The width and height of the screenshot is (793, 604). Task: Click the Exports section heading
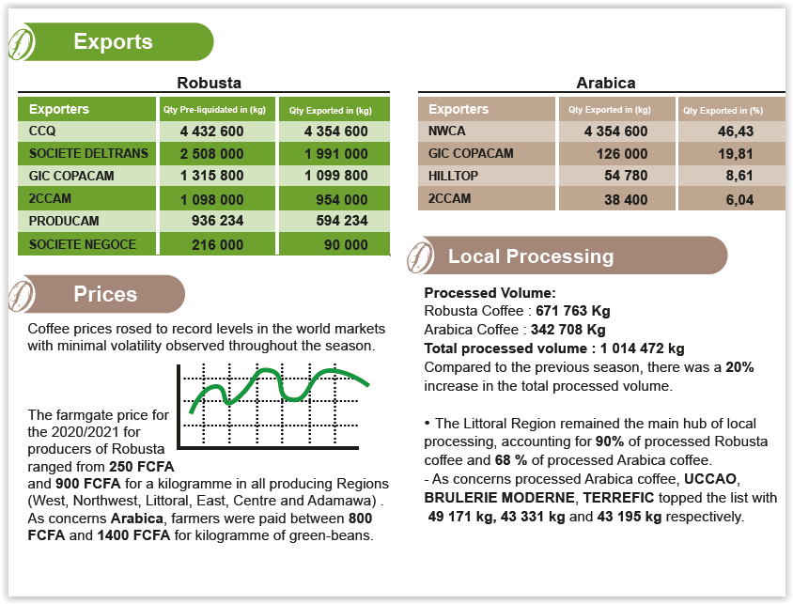pos(113,42)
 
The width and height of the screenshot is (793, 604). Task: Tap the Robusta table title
pos(209,83)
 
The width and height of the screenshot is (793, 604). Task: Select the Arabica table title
pos(605,83)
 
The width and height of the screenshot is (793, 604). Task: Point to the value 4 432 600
pos(211,132)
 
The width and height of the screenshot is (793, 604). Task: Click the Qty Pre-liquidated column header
pos(211,110)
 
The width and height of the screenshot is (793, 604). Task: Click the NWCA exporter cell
pos(447,132)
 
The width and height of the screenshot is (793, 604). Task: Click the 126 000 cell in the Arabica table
pos(622,154)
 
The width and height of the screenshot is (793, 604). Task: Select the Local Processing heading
pos(531,256)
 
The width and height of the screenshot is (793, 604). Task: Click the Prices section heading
pos(105,295)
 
